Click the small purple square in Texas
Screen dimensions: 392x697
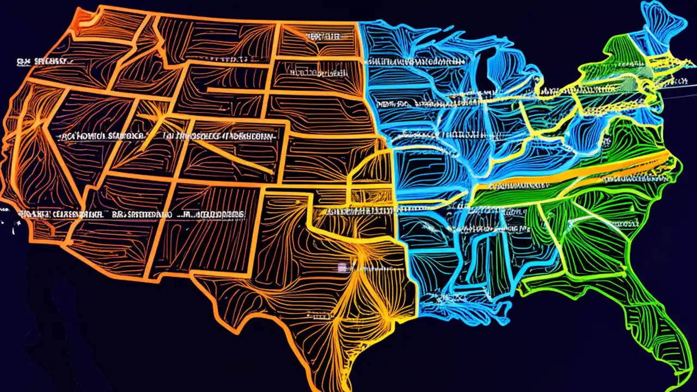[x=343, y=267]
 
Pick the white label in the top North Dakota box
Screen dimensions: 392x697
[x=324, y=36]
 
